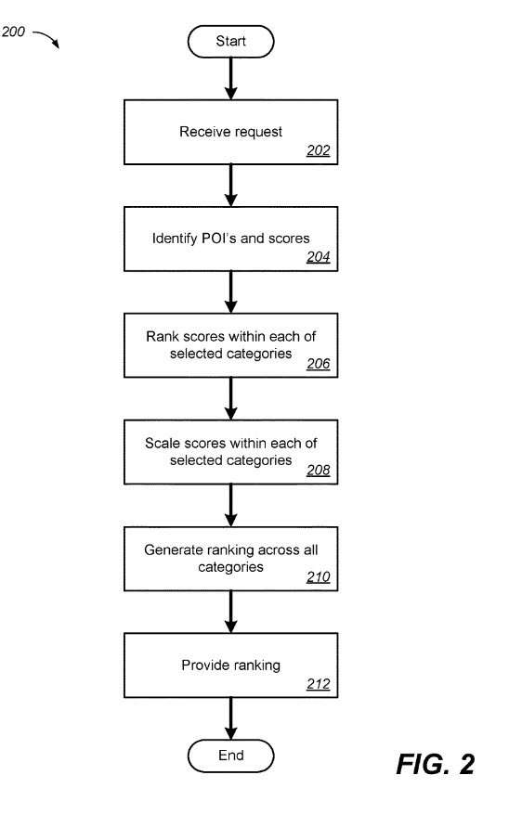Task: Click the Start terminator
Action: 230,42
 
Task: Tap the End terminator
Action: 230,756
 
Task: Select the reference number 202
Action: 319,150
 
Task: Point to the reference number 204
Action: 319,256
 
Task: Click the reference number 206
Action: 319,364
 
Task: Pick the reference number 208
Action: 319,470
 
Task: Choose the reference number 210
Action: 319,576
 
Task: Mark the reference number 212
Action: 319,684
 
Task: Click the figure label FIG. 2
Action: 436,764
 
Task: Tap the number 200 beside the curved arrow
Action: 13,32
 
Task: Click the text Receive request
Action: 230,132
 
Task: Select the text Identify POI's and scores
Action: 230,239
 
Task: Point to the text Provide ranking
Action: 230,665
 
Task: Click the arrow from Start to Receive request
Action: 230,78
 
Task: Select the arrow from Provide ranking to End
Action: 230,718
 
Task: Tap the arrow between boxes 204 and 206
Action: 230,291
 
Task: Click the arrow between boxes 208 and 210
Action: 230,506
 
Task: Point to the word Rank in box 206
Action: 158,336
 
